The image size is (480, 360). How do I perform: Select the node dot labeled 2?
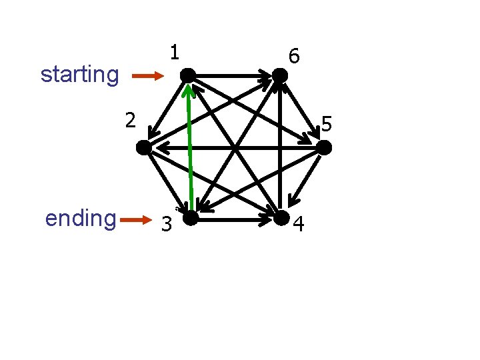143,147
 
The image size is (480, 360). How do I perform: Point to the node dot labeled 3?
190,217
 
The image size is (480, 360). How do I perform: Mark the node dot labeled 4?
281,217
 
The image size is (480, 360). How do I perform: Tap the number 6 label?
294,57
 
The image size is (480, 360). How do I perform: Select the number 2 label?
131,121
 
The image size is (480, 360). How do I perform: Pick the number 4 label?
299,225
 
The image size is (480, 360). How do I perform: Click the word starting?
79,74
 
